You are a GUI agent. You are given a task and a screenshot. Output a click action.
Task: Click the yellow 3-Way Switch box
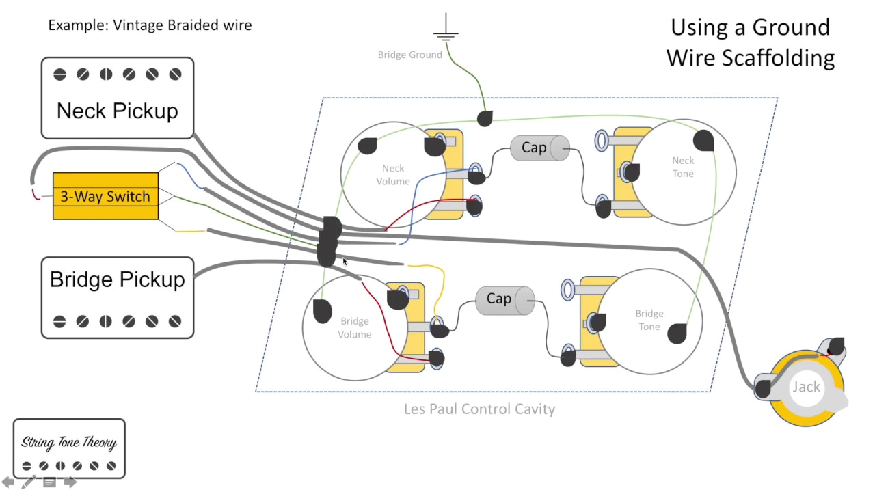(x=105, y=196)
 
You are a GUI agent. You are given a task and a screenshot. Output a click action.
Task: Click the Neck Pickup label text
(x=117, y=111)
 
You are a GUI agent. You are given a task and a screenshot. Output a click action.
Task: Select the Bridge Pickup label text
(x=117, y=279)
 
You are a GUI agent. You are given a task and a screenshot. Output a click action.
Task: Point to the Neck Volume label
(x=392, y=175)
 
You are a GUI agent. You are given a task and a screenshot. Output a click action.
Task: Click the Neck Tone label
(x=682, y=167)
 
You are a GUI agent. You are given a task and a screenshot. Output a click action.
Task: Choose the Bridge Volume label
(x=354, y=328)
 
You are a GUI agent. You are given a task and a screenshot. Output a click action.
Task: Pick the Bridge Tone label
(x=649, y=320)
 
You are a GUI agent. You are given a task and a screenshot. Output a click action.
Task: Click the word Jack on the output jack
(x=806, y=387)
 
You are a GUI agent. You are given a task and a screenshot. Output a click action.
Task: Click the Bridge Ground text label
(x=409, y=55)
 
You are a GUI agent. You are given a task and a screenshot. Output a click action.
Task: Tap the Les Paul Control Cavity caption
(x=479, y=409)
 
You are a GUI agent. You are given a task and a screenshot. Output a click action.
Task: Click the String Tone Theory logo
(x=69, y=448)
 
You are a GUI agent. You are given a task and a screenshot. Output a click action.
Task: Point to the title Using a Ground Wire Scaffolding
(x=750, y=42)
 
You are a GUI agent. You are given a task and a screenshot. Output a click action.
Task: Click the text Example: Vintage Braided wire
(x=150, y=26)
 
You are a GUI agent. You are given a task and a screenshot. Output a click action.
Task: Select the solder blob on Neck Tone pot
(x=704, y=141)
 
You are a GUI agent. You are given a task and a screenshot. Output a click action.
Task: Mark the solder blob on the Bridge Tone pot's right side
(x=677, y=333)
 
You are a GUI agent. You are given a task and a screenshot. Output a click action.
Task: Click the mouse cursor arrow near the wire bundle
(x=345, y=261)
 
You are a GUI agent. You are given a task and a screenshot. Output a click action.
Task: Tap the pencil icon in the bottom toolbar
(x=29, y=482)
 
